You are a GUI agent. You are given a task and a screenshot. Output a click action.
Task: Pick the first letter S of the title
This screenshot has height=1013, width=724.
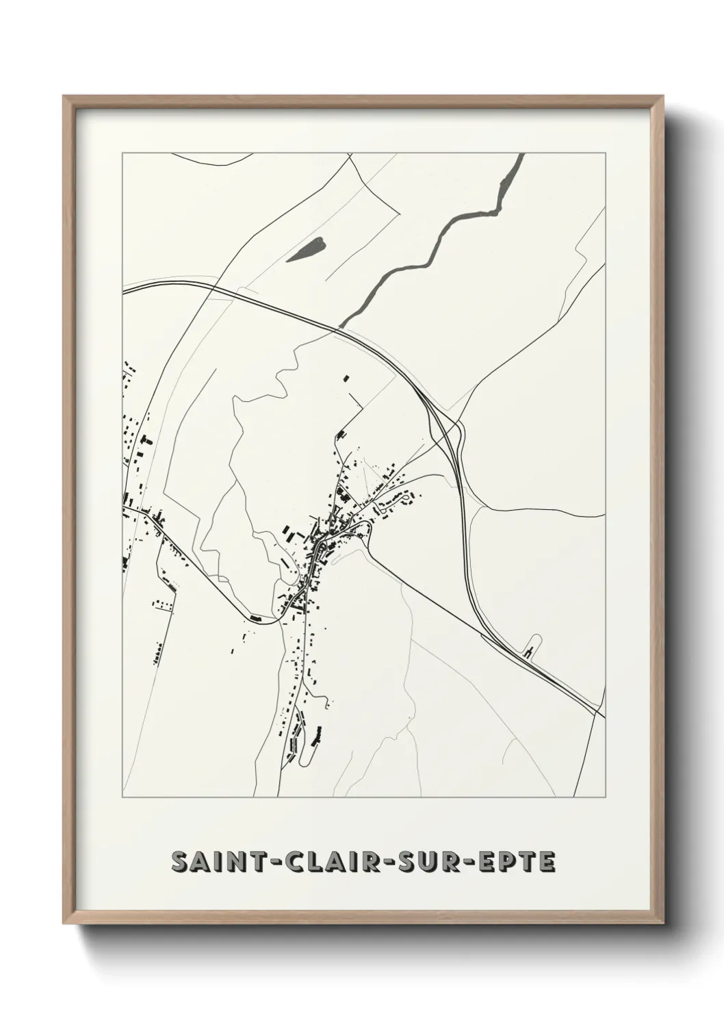181,862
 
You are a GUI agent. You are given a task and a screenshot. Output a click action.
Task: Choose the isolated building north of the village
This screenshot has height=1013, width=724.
346,377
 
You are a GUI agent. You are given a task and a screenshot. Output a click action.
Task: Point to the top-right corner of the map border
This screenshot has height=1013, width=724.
606,153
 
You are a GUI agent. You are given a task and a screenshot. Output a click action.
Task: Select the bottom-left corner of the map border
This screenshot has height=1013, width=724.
122,797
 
